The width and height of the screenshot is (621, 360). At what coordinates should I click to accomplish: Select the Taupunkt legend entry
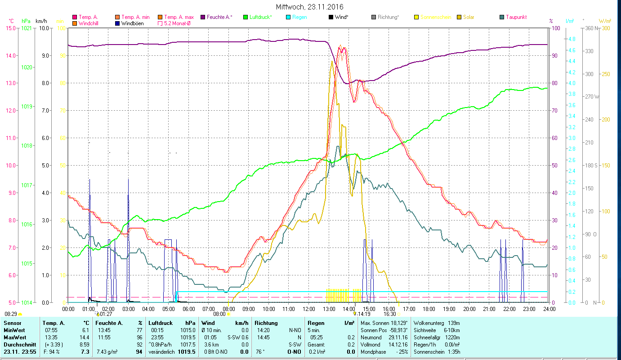[x=516, y=17]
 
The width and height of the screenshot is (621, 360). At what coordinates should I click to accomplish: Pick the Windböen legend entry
[x=132, y=23]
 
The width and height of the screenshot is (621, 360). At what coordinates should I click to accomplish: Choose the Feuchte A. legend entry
[x=219, y=17]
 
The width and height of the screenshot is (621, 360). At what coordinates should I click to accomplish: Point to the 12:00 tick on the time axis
[x=308, y=309]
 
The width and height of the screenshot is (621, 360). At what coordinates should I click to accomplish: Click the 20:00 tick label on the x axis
[x=469, y=309]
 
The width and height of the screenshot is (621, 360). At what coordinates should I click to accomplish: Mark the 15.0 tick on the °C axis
[x=11, y=28]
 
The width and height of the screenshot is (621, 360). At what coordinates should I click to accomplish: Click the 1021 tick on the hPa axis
[x=27, y=28]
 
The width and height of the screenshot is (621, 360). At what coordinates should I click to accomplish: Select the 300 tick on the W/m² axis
[x=605, y=28]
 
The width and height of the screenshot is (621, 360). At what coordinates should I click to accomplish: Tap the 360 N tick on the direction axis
[x=590, y=28]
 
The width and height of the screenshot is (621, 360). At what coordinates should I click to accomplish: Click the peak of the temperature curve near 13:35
[x=340, y=46]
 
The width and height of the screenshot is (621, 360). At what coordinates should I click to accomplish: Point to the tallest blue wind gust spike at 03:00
[x=128, y=180]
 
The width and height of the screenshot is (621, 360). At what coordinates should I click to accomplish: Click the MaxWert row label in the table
[x=14, y=337]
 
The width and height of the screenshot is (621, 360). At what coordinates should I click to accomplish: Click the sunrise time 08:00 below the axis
[x=219, y=314]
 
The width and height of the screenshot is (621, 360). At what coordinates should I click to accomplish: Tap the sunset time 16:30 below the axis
[x=389, y=314]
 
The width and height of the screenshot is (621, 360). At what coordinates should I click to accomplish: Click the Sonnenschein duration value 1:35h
[x=453, y=351]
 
